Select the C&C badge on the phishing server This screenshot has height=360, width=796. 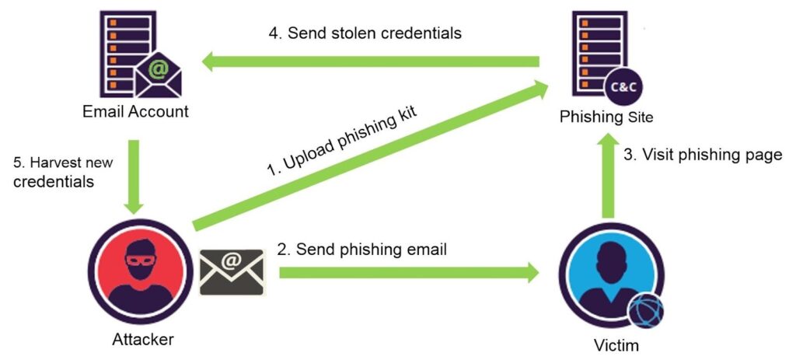pyautogui.click(x=625, y=86)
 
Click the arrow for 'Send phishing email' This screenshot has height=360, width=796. pyautogui.click(x=409, y=273)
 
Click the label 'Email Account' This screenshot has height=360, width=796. pyautogui.click(x=135, y=111)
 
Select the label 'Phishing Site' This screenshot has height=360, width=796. pyautogui.click(x=606, y=117)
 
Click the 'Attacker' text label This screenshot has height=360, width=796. pyautogui.click(x=138, y=339)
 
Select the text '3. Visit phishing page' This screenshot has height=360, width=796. pyautogui.click(x=703, y=155)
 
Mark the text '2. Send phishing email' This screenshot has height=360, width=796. pyautogui.click(x=361, y=250)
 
